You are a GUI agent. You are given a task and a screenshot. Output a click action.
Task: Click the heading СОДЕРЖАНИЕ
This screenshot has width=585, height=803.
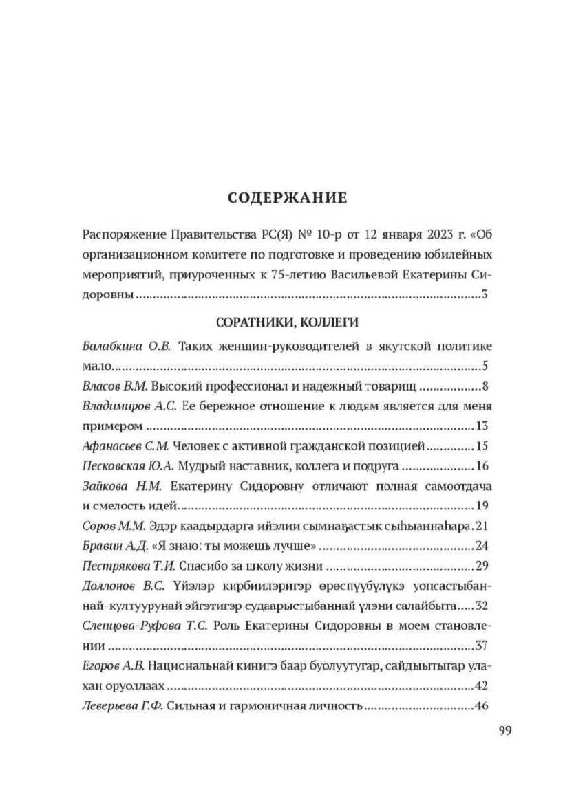tap(288, 199)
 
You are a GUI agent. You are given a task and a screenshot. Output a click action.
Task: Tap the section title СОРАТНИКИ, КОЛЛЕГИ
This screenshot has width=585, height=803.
tap(288, 322)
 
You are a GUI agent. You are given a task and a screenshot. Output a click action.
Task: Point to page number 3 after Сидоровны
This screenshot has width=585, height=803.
tap(485, 295)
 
